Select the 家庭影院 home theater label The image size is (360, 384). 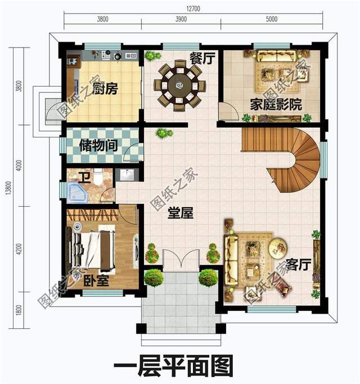(x=276, y=105)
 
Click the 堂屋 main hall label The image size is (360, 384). (x=181, y=213)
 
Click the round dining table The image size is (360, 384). (x=179, y=86)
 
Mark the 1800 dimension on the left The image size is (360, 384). (x=19, y=310)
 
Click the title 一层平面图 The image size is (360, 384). (x=173, y=366)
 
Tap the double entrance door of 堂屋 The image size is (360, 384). (x=180, y=262)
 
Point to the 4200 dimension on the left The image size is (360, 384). (x=19, y=248)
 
